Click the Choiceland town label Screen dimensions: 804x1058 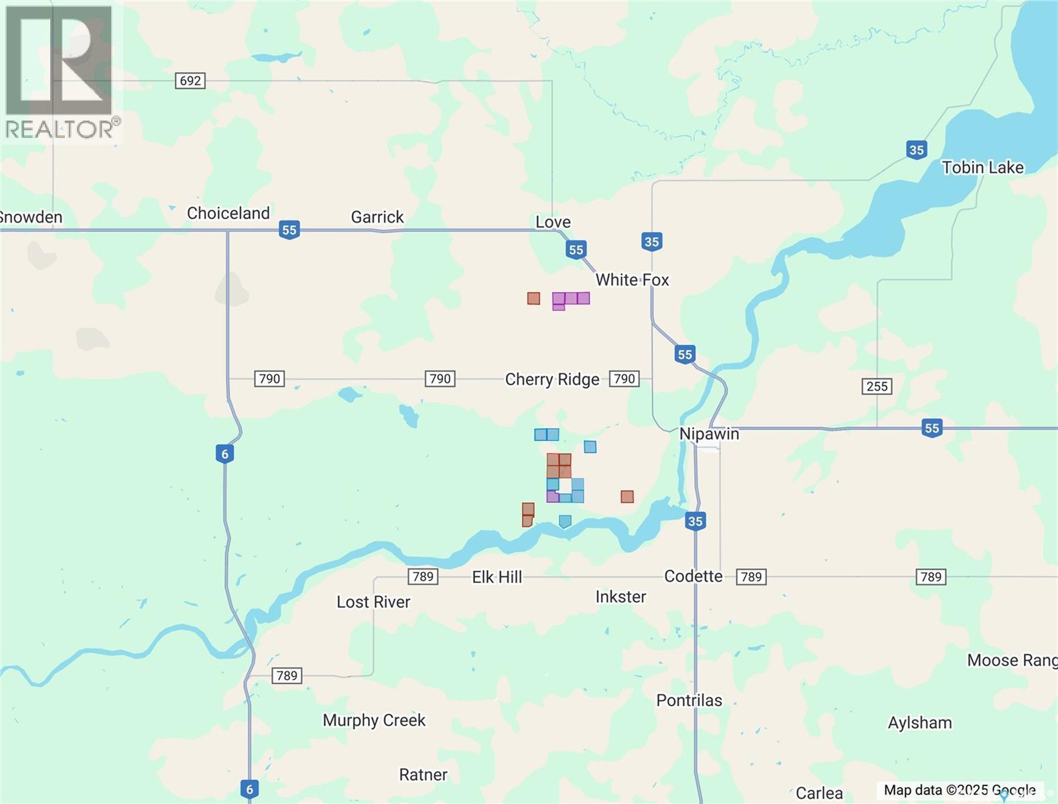[x=228, y=213]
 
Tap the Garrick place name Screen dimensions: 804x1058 [x=377, y=217]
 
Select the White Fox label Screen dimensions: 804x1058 [x=632, y=280]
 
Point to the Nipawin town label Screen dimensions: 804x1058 [x=709, y=434]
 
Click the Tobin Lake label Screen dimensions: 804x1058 [x=982, y=167]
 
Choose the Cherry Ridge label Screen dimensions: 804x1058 [x=552, y=380]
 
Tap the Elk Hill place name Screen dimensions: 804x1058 [x=497, y=578]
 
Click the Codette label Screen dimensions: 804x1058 [x=693, y=577]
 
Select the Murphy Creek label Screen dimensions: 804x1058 [x=374, y=720]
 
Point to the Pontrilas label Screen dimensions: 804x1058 [x=689, y=701]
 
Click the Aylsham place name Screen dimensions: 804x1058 [x=919, y=723]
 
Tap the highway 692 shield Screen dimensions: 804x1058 [x=190, y=81]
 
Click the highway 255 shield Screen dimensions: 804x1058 [x=876, y=387]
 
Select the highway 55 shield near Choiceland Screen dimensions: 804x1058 [x=289, y=230]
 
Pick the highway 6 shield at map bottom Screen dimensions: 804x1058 [x=249, y=789]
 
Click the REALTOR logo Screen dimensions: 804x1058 [x=60, y=72]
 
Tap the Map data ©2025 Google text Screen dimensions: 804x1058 [x=959, y=791]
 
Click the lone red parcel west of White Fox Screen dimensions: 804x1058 [x=533, y=298]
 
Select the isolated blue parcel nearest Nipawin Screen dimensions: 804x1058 [x=590, y=447]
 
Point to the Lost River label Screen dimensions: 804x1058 [x=373, y=602]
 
